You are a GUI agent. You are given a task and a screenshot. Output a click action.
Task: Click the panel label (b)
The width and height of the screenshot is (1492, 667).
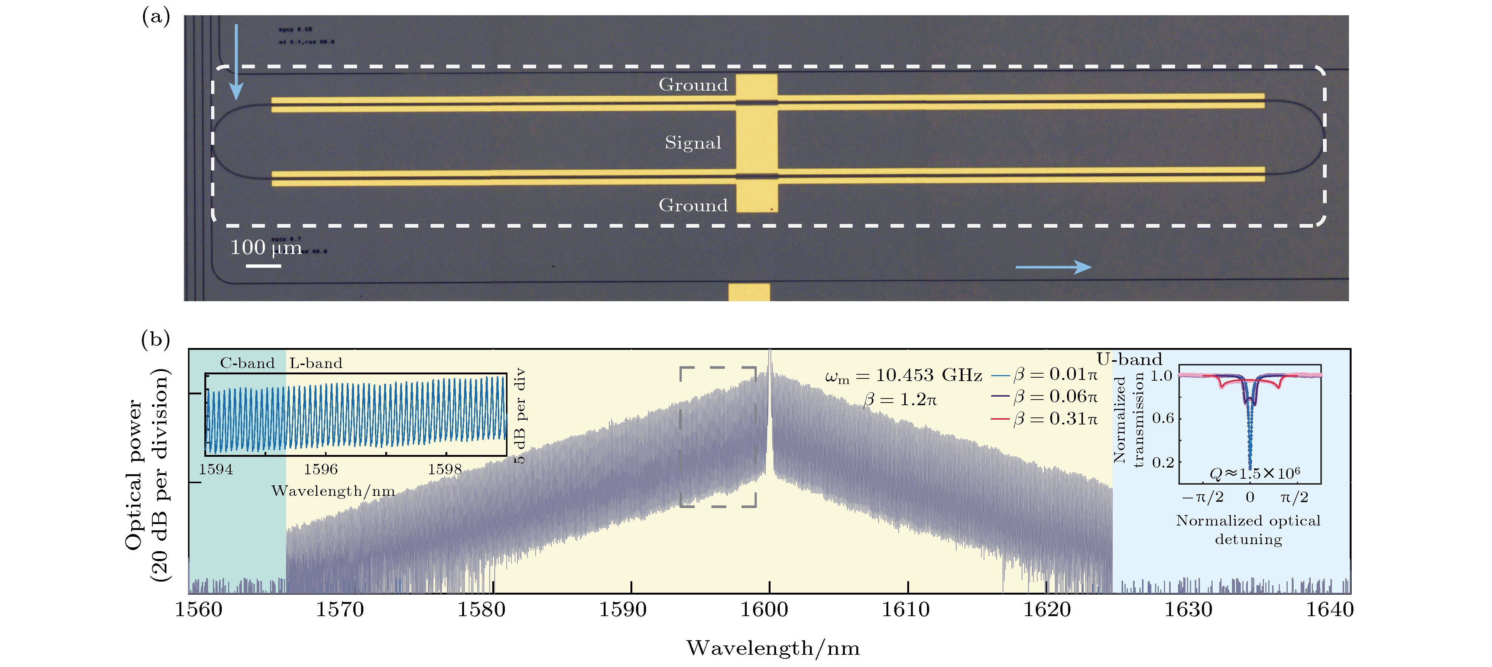tap(156, 339)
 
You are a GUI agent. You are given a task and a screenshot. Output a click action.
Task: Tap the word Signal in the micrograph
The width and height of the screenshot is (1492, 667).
tap(693, 143)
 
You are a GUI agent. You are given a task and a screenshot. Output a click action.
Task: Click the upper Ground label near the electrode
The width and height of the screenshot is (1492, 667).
tap(693, 85)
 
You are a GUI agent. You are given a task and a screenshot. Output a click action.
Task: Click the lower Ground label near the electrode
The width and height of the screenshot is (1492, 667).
tap(693, 205)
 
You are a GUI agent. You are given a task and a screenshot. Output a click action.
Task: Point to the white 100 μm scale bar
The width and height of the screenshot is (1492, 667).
tap(263, 266)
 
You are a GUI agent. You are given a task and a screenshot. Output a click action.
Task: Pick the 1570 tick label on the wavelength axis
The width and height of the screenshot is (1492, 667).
tap(340, 610)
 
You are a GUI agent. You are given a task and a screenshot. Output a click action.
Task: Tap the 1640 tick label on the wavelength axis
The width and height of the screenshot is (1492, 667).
tap(1329, 610)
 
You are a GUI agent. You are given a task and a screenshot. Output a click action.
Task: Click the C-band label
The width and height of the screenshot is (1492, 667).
tap(247, 363)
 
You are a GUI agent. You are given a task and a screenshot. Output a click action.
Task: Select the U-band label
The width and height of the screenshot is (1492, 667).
tap(1129, 359)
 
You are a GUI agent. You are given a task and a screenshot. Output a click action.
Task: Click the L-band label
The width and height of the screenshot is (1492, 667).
tap(316, 363)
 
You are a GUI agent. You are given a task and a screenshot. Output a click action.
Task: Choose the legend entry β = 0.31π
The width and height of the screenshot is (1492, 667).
tap(1054, 419)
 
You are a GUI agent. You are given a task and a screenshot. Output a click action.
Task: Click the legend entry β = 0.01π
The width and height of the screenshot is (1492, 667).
tap(1054, 375)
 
